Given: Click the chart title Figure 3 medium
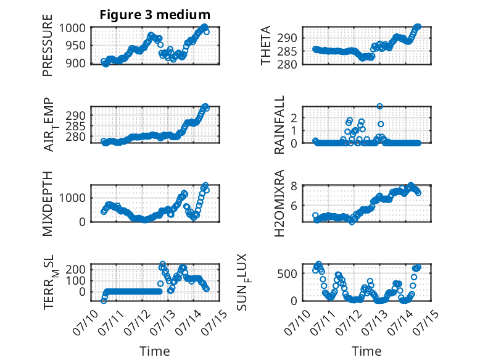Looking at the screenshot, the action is click(155, 15).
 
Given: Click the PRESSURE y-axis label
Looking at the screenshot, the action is click(48, 45).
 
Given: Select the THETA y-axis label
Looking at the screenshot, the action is click(266, 45).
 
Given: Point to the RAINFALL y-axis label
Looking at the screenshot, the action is click(279, 125).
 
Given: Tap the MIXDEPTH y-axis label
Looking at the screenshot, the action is click(48, 204).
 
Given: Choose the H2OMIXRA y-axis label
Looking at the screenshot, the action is click(279, 203).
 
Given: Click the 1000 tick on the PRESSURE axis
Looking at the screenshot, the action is click(72, 28).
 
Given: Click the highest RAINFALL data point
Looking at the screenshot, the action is click(379, 106).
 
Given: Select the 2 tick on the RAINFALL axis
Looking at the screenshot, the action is click(294, 118).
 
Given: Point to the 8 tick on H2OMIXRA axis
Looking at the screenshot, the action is click(294, 186).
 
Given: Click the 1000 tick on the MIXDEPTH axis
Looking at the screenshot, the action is click(72, 198).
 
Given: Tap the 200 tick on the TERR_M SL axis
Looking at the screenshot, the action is click(75, 269).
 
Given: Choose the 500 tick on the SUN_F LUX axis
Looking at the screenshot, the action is click(287, 274).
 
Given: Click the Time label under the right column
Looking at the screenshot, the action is click(366, 351).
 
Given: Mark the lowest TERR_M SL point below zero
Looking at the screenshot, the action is click(104, 301).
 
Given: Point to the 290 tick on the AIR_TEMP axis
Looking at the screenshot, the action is click(75, 116).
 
